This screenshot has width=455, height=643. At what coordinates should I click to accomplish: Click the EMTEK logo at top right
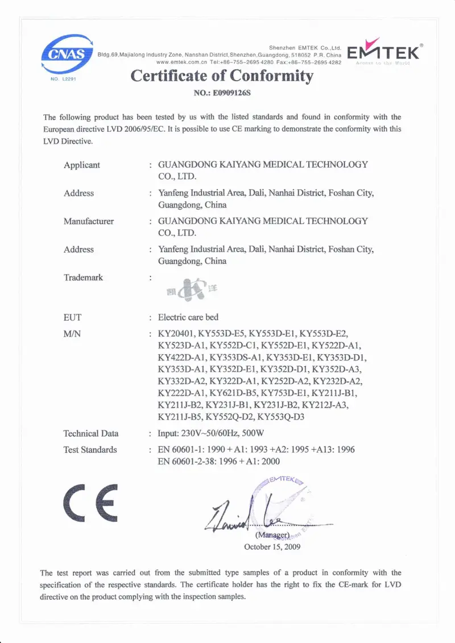coord(383,52)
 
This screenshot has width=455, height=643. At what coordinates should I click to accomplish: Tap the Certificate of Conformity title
coord(222,76)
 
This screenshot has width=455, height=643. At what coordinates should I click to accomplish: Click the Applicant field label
coord(81,165)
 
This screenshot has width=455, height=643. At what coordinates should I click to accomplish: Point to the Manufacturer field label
coord(88,221)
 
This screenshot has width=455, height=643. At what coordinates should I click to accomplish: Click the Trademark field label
coord(83,277)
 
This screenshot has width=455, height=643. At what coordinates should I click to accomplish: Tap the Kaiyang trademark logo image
coord(188,292)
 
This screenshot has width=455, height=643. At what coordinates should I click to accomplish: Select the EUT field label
coord(72,317)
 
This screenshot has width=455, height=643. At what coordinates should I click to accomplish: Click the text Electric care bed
coord(188,317)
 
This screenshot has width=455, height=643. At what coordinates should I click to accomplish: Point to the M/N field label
coord(72,334)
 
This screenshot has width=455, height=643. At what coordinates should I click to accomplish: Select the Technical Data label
coord(91,433)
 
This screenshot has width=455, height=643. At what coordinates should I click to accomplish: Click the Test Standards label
coord(90,450)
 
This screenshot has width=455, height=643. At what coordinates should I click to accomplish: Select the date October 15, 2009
coord(272,547)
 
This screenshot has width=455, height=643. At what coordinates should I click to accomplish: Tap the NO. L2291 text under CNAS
coord(63,80)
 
